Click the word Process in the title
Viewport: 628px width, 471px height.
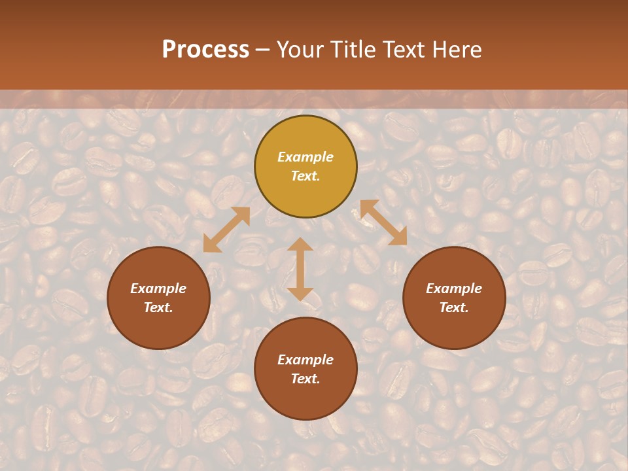point(205,50)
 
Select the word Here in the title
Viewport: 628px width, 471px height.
point(458,50)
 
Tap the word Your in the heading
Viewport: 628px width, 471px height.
point(300,50)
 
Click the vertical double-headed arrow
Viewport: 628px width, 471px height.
point(300,269)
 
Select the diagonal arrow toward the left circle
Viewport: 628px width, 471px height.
point(226,230)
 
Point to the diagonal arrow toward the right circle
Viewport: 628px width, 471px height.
point(383,222)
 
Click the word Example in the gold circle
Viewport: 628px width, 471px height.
point(305,157)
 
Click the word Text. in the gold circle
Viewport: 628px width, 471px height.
point(305,176)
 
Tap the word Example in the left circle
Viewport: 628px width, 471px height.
point(158,288)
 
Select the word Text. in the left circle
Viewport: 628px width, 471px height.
point(158,307)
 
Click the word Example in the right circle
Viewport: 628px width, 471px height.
point(454,288)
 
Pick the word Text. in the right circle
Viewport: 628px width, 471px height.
point(454,307)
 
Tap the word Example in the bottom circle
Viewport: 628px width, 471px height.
point(305,360)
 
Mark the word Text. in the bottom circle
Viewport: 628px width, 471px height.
point(305,379)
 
